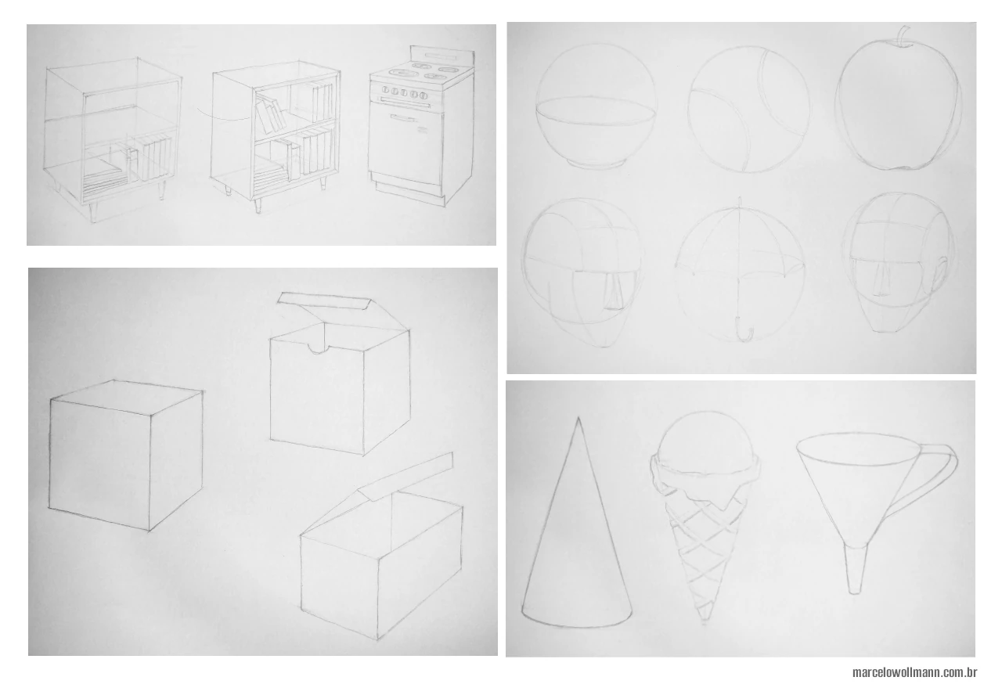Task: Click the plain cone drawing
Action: coord(576,540)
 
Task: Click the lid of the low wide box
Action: coord(407,477)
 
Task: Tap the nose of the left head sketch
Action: coord(614,290)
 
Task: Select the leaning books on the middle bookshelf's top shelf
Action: coord(269,115)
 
